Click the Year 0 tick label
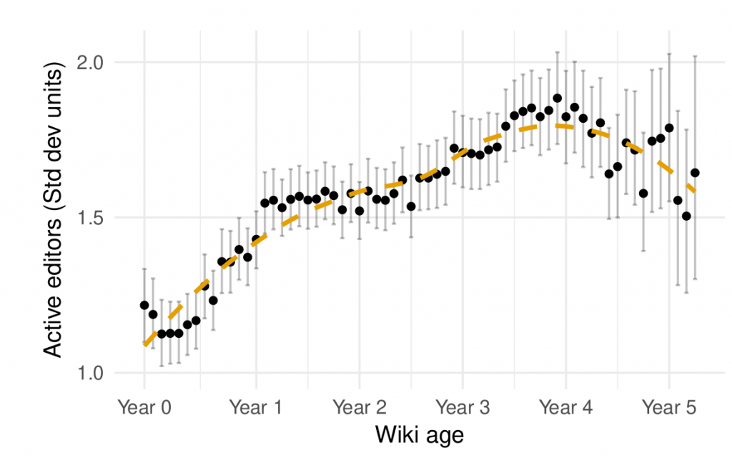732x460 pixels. coord(144,408)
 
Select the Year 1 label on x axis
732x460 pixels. coord(255,408)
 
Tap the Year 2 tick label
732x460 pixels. coord(360,408)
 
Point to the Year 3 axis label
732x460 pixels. coord(463,408)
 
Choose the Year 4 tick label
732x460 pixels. coord(566,408)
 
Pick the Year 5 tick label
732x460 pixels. coord(669,408)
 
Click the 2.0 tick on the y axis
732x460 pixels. coord(91,62)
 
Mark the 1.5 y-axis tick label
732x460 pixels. coord(91,217)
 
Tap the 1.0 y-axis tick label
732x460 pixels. coord(91,372)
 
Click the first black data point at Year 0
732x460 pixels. coord(144,305)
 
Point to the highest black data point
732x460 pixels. coord(558,98)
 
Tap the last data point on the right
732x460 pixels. coord(695,173)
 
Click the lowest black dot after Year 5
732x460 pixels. coord(686,216)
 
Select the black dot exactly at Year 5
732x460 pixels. coord(669,128)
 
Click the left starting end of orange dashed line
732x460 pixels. coord(145,345)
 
